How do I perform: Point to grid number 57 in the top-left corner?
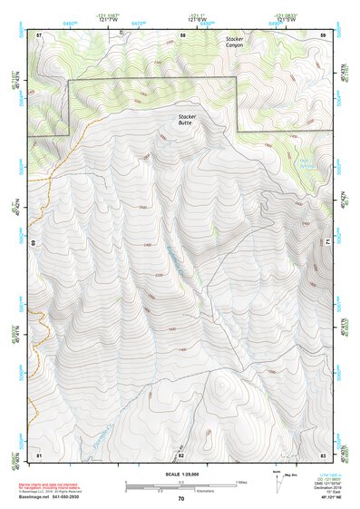point(39,34)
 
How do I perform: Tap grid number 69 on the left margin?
point(34,243)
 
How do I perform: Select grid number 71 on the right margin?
point(327,243)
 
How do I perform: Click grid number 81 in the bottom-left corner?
point(39,453)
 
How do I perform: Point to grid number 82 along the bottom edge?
point(180,454)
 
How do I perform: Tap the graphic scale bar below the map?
point(180,488)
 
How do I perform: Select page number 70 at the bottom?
point(180,500)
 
